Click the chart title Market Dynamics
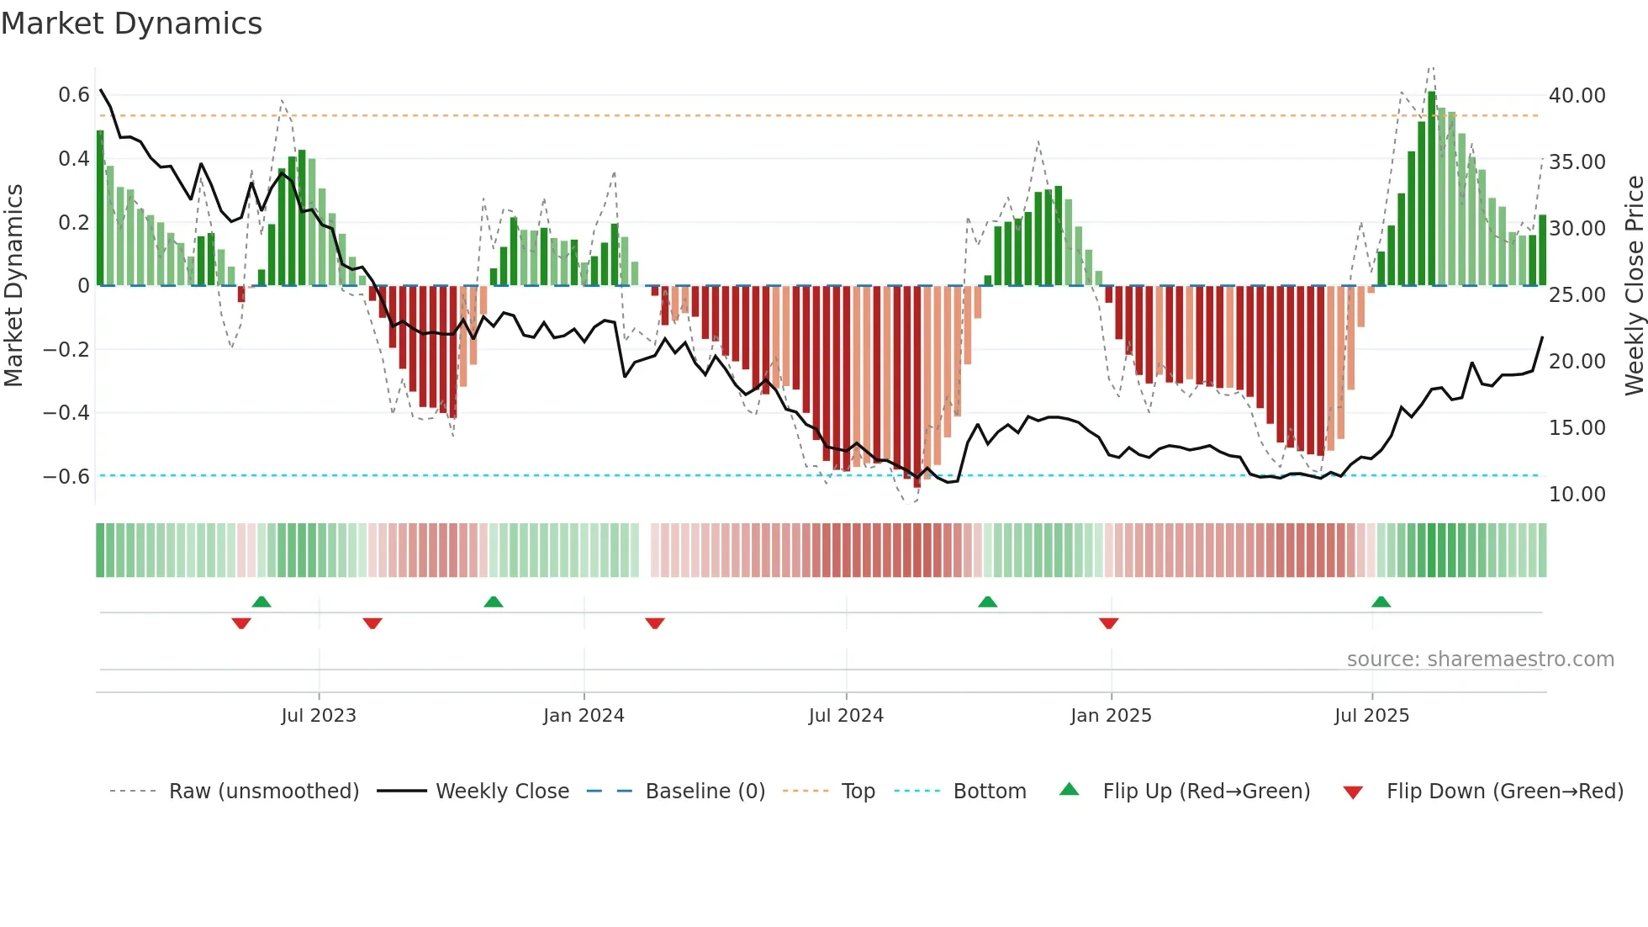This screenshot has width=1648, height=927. coord(131,24)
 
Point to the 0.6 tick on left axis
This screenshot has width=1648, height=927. coord(74,95)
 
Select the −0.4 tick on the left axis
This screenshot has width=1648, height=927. coord(66,412)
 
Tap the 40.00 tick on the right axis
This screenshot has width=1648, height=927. coord(1577,96)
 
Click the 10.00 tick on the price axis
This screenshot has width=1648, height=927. coord(1577,495)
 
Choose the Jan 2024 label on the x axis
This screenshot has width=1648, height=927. coord(584,716)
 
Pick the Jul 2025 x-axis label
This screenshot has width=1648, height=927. coord(1371,716)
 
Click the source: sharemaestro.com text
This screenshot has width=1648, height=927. coord(1480,659)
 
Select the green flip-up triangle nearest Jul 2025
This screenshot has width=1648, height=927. coord(1381,601)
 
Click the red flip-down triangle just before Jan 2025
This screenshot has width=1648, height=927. coord(1108,623)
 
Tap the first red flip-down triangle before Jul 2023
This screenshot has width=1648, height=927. coord(241,623)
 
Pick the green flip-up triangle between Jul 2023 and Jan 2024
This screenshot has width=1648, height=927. coord(494,601)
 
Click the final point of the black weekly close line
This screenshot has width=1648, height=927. coord(1542,337)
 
